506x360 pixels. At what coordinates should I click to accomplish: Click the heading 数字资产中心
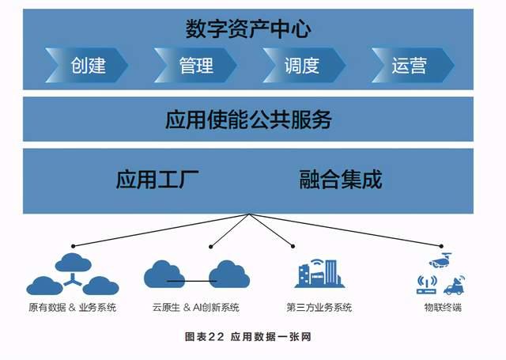(x=248, y=29)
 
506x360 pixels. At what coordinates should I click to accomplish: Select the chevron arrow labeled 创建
(x=86, y=65)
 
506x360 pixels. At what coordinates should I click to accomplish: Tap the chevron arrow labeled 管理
(x=195, y=65)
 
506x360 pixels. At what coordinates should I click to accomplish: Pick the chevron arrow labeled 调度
(x=304, y=65)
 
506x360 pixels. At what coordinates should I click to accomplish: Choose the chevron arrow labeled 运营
(x=413, y=65)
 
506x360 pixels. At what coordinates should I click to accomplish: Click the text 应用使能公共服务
(x=248, y=119)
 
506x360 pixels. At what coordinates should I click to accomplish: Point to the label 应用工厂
(x=157, y=179)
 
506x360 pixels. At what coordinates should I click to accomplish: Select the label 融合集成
(x=341, y=179)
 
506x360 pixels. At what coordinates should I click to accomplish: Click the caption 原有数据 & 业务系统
(x=72, y=307)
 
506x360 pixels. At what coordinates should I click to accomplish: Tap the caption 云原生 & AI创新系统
(x=196, y=307)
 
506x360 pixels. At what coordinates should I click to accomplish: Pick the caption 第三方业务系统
(x=319, y=307)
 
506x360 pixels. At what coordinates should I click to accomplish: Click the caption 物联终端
(x=443, y=307)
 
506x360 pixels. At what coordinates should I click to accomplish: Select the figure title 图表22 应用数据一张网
(x=247, y=337)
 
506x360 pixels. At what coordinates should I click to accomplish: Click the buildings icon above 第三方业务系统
(x=319, y=273)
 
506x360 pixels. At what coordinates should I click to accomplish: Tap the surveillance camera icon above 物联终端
(x=440, y=260)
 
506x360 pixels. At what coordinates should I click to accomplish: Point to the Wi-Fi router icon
(x=427, y=285)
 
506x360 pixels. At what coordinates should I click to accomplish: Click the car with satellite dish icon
(x=455, y=285)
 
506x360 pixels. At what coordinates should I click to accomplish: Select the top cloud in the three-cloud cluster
(x=74, y=262)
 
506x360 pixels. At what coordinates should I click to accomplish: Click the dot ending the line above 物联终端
(x=441, y=246)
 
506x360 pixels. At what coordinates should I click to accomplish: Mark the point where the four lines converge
(x=250, y=214)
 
